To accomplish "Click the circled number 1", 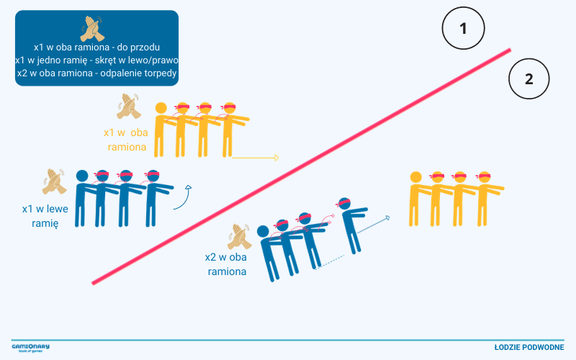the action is (463, 28).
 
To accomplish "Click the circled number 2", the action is (529, 78).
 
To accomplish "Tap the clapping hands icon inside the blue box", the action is (93, 29).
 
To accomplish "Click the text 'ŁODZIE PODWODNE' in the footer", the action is (529, 347).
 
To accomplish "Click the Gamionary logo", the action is (30, 348).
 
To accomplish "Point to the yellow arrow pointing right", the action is (256, 158).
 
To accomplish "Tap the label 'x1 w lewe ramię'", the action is (45, 216).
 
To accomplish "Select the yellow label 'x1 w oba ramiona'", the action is (126, 140).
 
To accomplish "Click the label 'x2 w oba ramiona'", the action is (226, 264).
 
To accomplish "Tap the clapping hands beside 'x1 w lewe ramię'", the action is (55, 181).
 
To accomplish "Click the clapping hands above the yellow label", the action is (129, 106).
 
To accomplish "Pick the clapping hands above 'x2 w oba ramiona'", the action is (240, 237).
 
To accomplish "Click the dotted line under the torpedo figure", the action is (330, 262).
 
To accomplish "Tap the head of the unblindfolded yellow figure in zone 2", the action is (416, 177).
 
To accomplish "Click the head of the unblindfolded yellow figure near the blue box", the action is (161, 108).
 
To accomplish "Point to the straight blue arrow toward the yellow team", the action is (373, 225).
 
